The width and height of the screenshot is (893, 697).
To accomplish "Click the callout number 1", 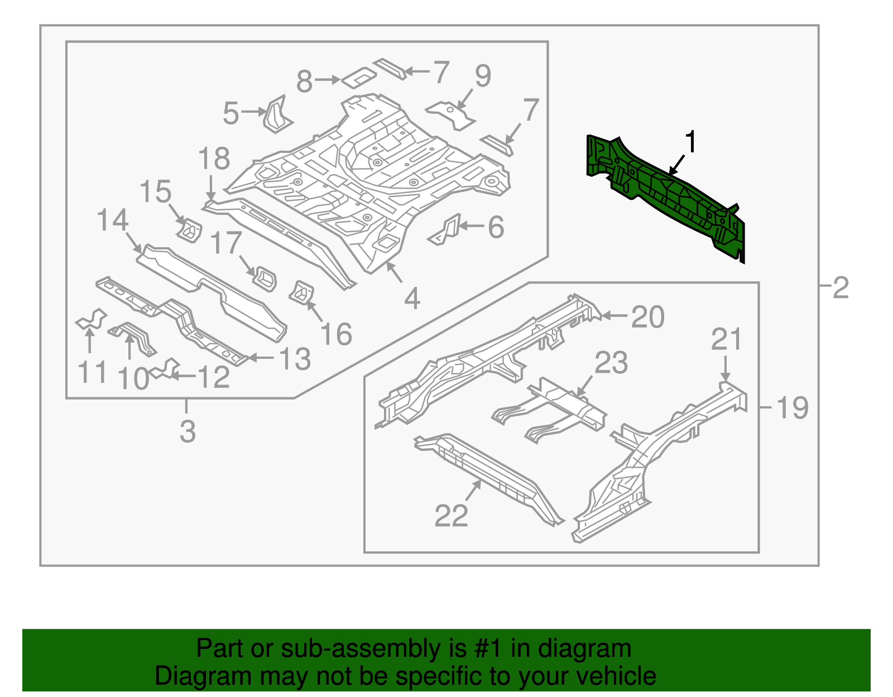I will click(691, 142).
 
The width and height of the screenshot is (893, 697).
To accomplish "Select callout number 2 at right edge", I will click(841, 287).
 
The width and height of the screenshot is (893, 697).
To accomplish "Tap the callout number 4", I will click(412, 299).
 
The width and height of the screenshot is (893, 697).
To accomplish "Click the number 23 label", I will click(611, 363).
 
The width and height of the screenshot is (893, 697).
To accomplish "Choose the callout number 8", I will click(304, 81).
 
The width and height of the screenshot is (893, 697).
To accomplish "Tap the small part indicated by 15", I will click(190, 230).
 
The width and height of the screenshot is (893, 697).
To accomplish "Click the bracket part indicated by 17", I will click(265, 277).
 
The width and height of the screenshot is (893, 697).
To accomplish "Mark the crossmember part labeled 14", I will click(212, 290).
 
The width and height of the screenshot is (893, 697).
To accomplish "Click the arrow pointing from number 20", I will click(614, 316).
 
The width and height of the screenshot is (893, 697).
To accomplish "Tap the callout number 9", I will click(483, 76).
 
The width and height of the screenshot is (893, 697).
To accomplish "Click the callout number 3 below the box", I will click(188, 431).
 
